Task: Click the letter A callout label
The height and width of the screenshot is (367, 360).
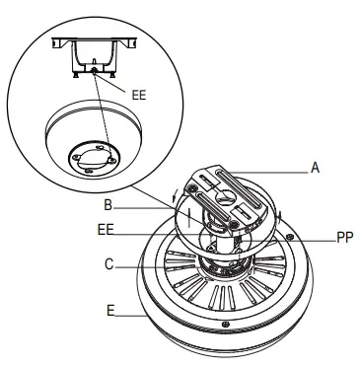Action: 316,168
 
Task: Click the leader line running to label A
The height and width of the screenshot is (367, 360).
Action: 276,169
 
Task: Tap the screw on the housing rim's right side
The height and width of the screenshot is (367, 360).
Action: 288,237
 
